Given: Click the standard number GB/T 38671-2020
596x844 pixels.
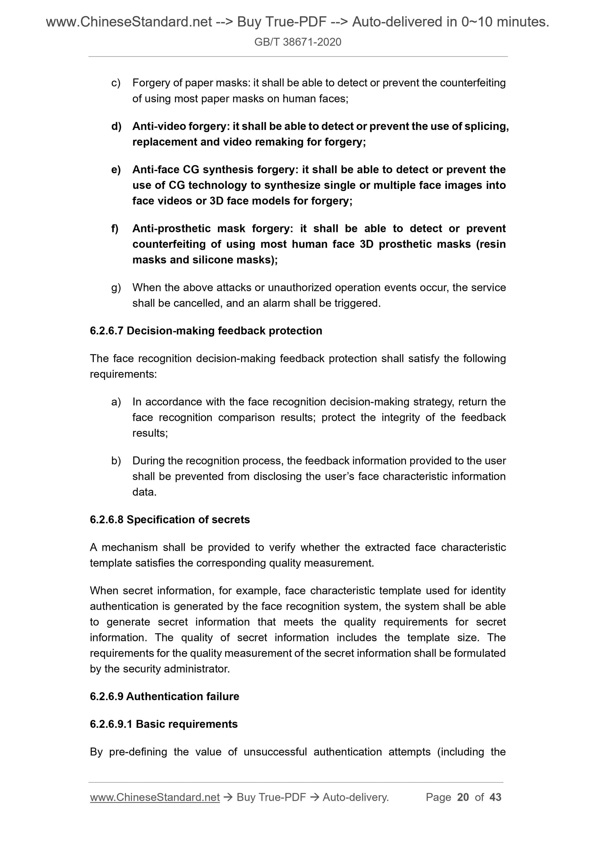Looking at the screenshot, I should (x=297, y=42).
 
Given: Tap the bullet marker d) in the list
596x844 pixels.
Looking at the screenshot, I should (x=116, y=126).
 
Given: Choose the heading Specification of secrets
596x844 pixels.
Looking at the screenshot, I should (x=188, y=519).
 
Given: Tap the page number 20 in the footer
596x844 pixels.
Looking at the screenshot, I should (x=463, y=797).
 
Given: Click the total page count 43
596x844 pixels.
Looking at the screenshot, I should (x=495, y=797).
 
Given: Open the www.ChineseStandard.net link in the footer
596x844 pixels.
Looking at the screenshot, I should (x=155, y=797).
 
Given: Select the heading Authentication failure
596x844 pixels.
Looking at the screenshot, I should (x=183, y=696).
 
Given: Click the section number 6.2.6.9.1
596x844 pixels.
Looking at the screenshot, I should (x=111, y=724).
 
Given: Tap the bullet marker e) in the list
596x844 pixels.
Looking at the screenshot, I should (x=116, y=170).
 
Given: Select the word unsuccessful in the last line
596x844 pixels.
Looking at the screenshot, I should (x=275, y=752).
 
